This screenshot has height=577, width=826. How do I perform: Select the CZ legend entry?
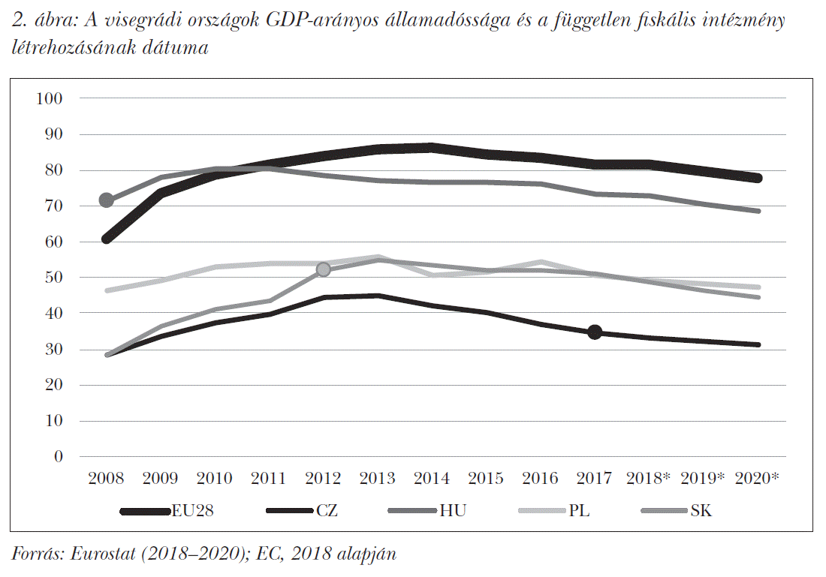(327, 512)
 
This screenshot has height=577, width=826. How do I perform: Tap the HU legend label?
(453, 512)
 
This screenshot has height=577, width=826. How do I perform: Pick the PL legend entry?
(579, 512)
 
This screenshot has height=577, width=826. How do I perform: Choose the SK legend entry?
(701, 512)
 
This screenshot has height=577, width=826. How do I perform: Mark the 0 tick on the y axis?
(57, 456)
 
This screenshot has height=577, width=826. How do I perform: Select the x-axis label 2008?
(106, 479)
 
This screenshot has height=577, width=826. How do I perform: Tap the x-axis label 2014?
(431, 479)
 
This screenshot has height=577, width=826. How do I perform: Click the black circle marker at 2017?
(595, 332)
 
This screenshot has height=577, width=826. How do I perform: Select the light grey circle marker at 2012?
(324, 269)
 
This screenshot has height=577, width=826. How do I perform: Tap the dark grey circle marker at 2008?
(107, 200)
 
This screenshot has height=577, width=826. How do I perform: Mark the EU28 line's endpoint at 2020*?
(758, 178)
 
